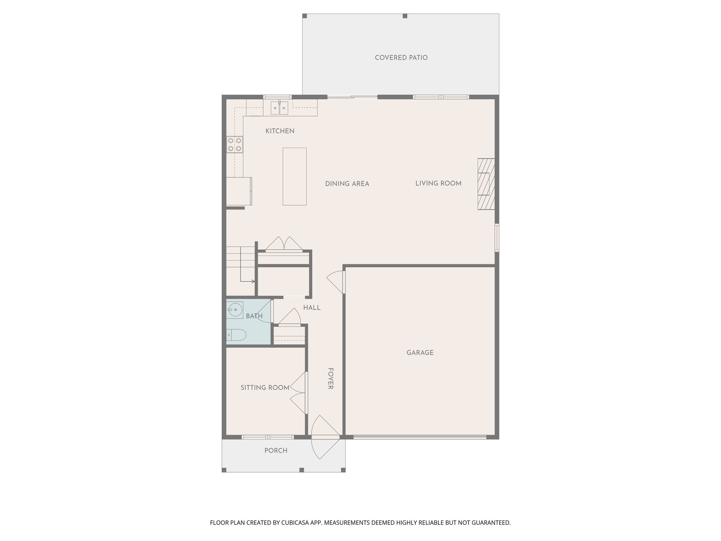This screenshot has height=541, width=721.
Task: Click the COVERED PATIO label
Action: tap(401, 58)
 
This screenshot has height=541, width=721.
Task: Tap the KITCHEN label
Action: tap(280, 131)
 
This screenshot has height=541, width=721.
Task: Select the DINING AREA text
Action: tap(347, 184)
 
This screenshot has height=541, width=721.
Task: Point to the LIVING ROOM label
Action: tap(438, 183)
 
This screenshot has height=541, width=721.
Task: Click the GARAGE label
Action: tap(420, 353)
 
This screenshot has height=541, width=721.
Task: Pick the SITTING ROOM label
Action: tap(265, 388)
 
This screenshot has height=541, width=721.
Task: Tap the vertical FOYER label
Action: tap(331, 379)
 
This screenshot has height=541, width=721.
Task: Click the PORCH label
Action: tap(276, 450)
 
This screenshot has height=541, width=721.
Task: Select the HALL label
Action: tap(312, 308)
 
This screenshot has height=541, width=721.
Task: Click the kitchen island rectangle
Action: tap(294, 176)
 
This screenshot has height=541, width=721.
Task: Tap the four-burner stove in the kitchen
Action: tap(234, 144)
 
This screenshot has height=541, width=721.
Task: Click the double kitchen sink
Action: tap(280, 108)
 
